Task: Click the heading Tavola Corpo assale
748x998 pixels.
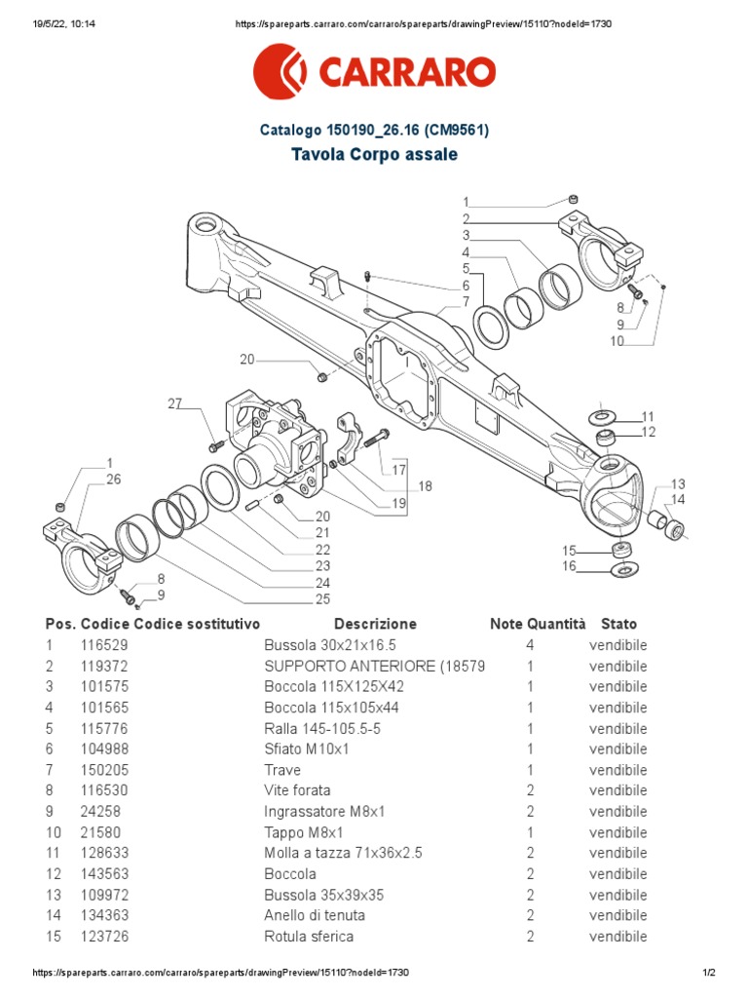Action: coord(374,155)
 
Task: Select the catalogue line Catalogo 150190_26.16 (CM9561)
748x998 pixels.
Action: coord(374,130)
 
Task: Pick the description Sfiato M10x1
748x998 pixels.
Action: coord(308,748)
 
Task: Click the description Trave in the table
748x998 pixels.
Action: coord(282,770)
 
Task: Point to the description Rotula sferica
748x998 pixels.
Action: coord(309,936)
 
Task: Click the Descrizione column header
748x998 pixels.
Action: coord(375,624)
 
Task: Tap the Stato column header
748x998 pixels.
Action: coord(618,624)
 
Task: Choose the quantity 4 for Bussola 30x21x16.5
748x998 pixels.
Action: coord(530,645)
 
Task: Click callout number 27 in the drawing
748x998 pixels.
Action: coord(174,403)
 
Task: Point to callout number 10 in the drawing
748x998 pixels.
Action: coord(617,341)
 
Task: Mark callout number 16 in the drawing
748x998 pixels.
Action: coord(569,566)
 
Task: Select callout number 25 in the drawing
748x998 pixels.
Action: coord(322,598)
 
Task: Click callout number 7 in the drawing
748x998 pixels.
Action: coord(466,301)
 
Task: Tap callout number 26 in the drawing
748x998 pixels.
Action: coord(113,479)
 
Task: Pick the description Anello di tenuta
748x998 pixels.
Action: coord(315,915)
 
